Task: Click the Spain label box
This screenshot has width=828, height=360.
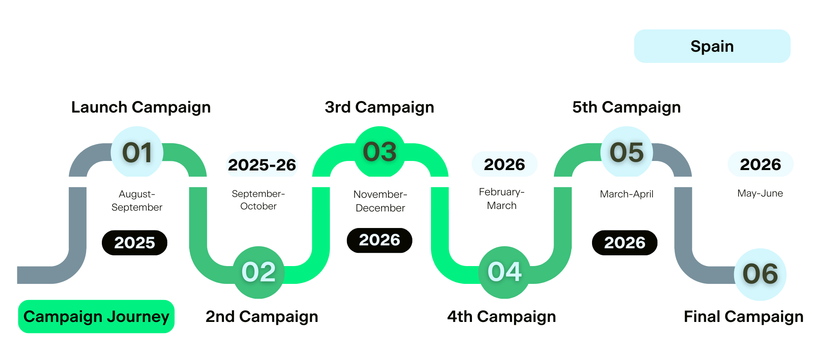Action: (x=712, y=46)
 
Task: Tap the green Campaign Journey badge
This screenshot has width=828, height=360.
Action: (x=96, y=317)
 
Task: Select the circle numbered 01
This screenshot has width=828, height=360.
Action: (x=137, y=152)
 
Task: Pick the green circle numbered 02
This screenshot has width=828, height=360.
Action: (x=259, y=272)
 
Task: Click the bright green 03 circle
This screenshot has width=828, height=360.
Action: (x=380, y=152)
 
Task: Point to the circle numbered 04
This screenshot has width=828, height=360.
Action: (x=504, y=272)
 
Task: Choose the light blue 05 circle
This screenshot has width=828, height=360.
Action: (x=627, y=152)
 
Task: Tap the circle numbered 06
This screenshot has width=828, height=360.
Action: (x=760, y=274)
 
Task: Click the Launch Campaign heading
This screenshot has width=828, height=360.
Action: (x=141, y=107)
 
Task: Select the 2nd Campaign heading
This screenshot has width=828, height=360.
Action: (x=262, y=317)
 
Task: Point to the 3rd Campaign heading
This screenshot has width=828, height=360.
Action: (x=379, y=107)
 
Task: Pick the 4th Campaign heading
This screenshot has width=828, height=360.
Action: (x=501, y=317)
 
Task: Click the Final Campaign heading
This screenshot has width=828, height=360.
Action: (x=744, y=317)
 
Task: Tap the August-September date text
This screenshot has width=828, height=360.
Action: (x=137, y=201)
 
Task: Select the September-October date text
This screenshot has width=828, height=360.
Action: (x=258, y=200)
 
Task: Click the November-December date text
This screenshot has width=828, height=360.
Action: (x=380, y=201)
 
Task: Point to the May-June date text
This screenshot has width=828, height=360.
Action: (x=760, y=193)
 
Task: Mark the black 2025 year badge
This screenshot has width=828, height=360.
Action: (x=135, y=242)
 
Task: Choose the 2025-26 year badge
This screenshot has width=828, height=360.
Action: (x=262, y=165)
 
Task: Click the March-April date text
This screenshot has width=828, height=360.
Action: (x=627, y=194)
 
